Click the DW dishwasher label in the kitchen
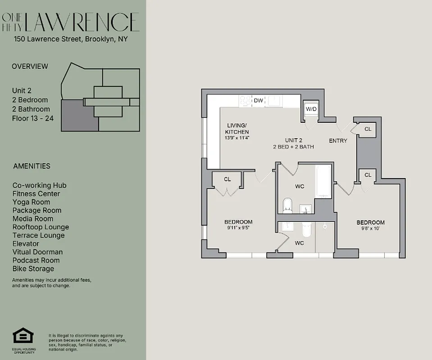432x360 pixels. (258, 100)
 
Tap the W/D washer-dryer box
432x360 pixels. (311, 109)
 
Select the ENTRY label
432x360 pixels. (338, 141)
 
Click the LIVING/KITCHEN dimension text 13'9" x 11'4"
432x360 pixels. (237, 138)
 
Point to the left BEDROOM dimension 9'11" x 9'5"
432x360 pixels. (238, 228)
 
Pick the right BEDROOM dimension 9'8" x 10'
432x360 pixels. (370, 228)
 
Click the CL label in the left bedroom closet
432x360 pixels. (227, 179)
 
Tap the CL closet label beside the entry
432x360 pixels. (368, 129)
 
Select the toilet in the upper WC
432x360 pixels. (287, 206)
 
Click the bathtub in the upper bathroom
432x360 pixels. (323, 182)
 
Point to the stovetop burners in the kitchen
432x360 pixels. (246, 101)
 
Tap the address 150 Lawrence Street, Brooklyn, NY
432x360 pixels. (71, 39)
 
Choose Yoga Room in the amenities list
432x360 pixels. (31, 202)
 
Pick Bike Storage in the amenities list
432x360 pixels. (33, 269)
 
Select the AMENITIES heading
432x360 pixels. (32, 166)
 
